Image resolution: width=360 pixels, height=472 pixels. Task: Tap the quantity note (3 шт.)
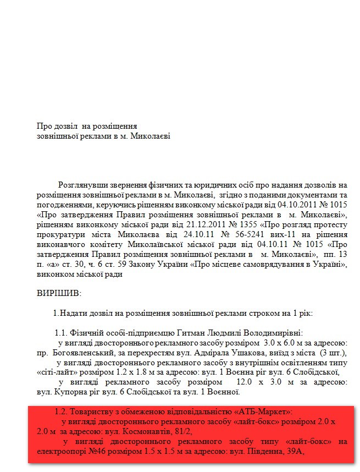click(334, 352)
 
